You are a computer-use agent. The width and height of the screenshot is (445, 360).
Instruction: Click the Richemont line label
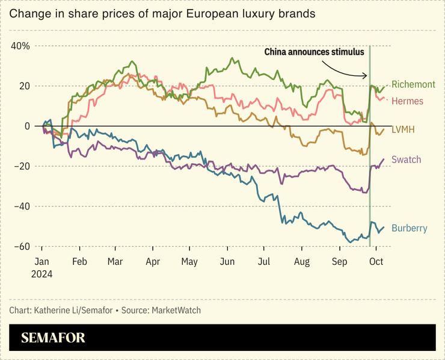pos(414,85)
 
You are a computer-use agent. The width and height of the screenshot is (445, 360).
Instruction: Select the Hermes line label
pos(407,101)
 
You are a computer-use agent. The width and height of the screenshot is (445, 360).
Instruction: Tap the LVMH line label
pos(403,129)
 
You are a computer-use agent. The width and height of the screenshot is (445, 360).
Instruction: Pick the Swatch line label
pos(406,160)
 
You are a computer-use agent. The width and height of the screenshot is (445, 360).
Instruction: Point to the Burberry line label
pos(409,228)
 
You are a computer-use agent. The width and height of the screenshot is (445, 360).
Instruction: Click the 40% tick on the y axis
pos(20,46)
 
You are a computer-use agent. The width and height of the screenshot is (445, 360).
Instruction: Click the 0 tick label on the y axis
pos(27,126)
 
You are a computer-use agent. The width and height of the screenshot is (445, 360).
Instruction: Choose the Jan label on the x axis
pos(41,262)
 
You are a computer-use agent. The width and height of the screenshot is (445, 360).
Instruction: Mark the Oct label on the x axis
pos(376,262)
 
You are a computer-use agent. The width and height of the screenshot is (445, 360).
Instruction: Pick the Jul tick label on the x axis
pos(264,262)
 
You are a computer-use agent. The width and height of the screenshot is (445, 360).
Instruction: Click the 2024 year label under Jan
pos(43,274)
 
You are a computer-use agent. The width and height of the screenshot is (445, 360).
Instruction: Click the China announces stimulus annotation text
pos(314,52)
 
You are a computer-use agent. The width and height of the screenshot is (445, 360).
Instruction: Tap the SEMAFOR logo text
pos(53,338)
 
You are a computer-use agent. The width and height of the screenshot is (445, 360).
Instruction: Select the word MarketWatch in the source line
pos(176,311)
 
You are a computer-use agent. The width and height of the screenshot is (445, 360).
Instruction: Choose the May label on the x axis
pos(189,262)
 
